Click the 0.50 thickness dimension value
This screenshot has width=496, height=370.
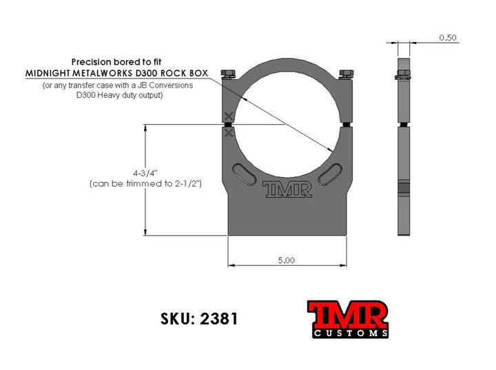[x=448, y=38]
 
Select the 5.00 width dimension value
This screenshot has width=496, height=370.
[x=287, y=260]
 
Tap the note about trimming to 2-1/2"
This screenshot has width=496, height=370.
[x=145, y=185]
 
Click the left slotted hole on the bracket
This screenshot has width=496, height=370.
[x=243, y=174]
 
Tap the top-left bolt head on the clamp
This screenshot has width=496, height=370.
[x=227, y=74]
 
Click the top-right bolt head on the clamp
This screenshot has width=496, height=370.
[x=347, y=74]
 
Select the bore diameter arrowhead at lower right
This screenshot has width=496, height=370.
[x=332, y=150]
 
